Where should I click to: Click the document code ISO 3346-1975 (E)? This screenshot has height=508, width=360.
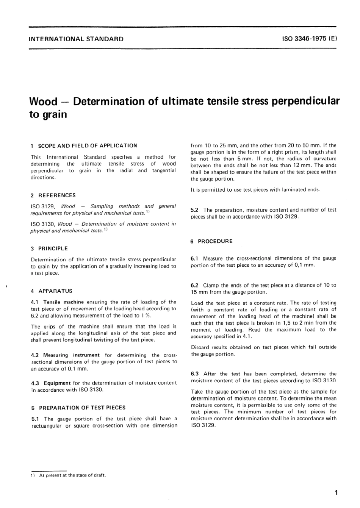pos(309,39)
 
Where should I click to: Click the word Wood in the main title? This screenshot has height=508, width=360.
pos(43,102)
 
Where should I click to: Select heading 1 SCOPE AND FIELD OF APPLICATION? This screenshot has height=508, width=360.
pos(84,145)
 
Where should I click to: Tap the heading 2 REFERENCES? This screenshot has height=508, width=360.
pos(53,195)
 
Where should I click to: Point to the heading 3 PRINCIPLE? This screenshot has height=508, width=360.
pos(49,249)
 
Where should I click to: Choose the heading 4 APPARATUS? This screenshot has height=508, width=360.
pos(52,291)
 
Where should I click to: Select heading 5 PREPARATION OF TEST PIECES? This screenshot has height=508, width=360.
pos(78,408)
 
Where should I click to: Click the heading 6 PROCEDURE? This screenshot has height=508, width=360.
pos(212,241)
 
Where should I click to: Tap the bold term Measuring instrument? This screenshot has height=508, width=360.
pos(71,355)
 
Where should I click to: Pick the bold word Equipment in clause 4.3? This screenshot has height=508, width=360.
pos(57,383)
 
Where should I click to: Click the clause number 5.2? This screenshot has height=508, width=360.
pos(195,210)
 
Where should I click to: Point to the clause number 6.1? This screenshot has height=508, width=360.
pos(195,258)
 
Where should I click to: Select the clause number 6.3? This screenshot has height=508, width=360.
pos(195,374)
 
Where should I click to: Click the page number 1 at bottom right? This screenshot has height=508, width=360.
pos(336,492)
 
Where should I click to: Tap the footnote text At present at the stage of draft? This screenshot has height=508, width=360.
pos(72,475)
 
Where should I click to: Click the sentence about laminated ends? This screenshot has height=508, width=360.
pos(255,190)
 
